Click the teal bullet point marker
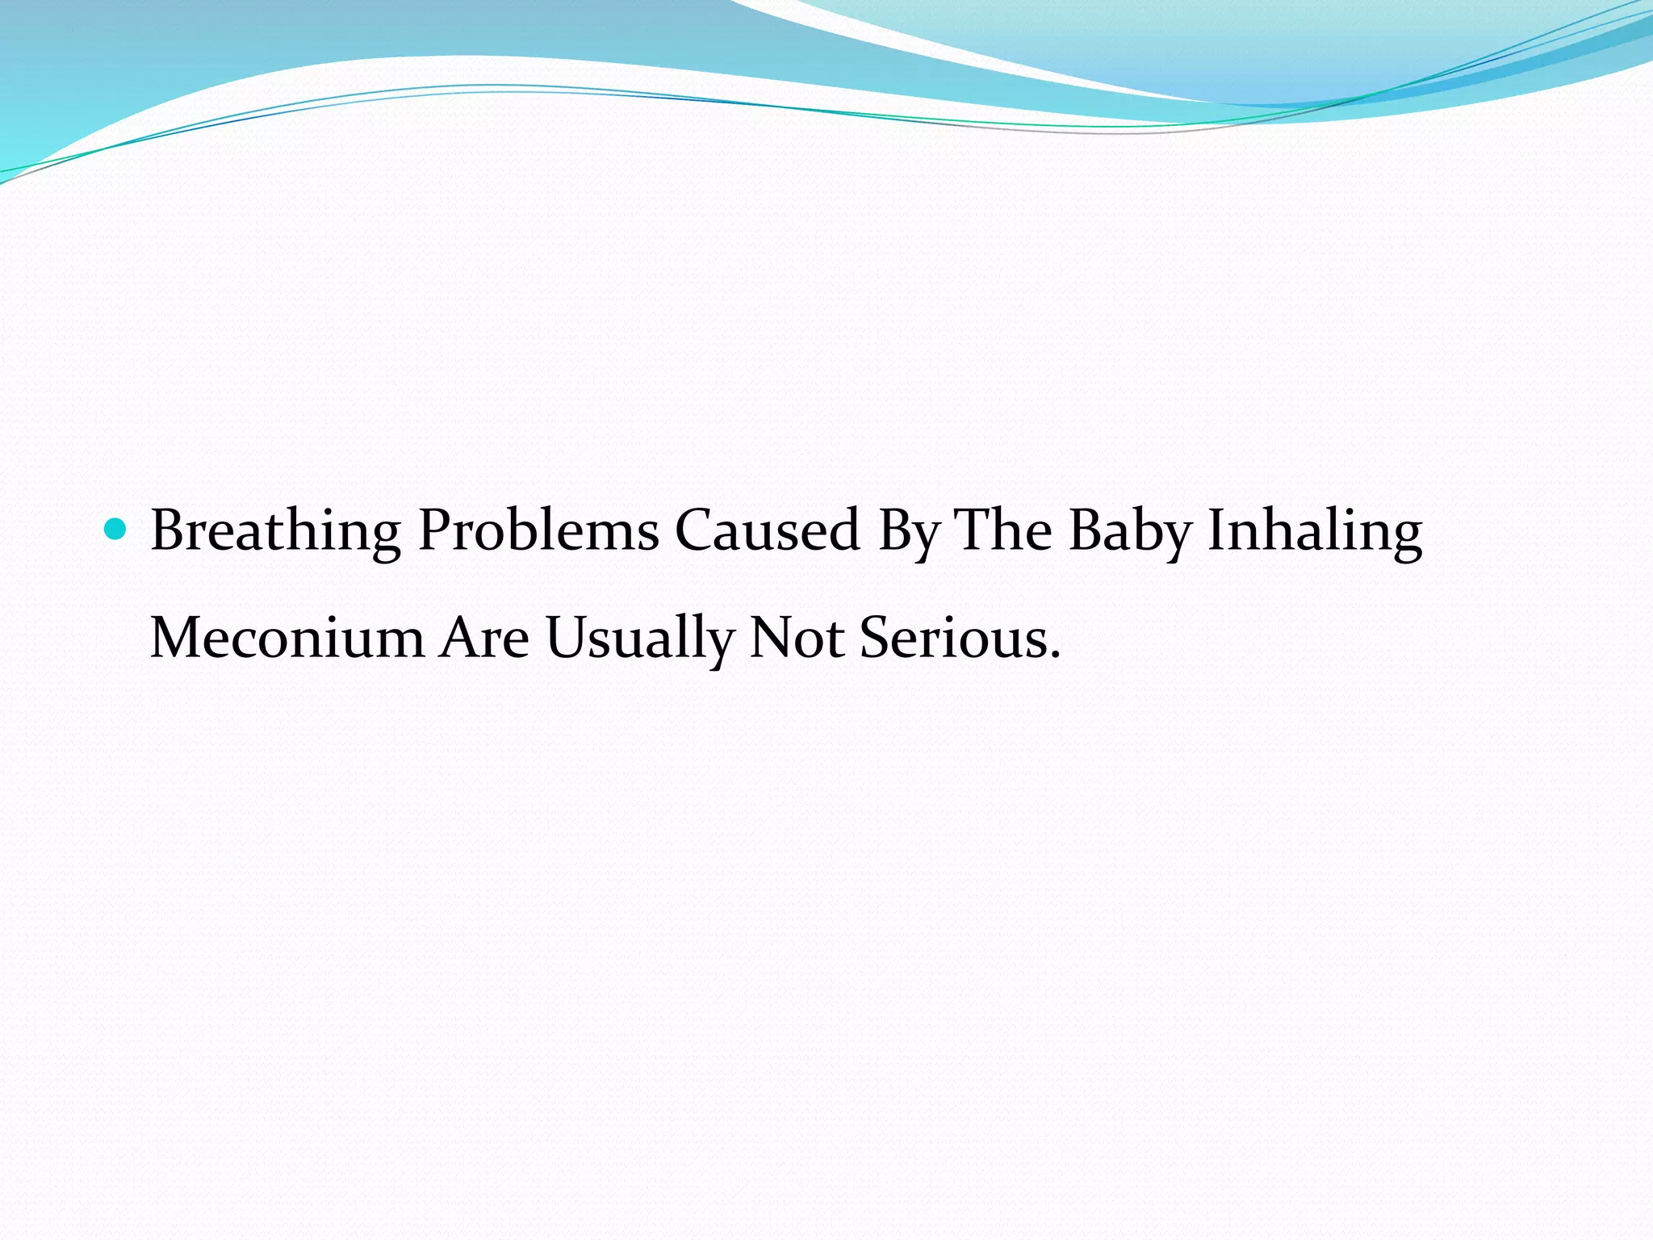coord(117,530)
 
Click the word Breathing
coord(275,532)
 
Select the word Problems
coord(538,532)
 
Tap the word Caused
coord(767,530)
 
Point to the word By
coord(909,532)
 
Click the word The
coord(1003,530)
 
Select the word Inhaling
coord(1314,532)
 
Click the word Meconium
coord(287,638)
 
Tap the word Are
coord(484,638)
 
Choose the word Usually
coord(639,639)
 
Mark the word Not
coord(796,638)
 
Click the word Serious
coord(952,638)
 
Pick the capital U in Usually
coord(567,638)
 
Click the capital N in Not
coord(770,638)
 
